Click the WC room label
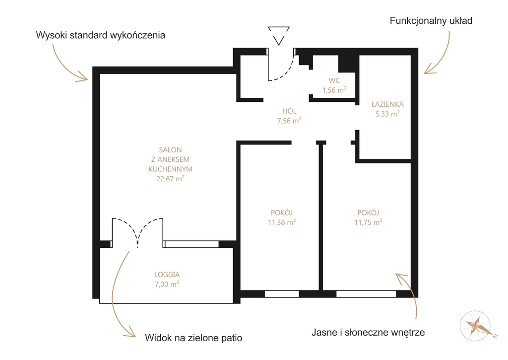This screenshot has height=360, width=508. coord(334,80)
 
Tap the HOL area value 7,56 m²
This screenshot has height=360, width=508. coord(289,121)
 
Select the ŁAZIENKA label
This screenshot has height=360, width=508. coord(387,104)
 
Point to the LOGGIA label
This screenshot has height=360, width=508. coord(167,275)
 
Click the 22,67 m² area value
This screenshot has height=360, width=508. coord(171,178)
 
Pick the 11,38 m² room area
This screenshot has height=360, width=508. coord(282,222)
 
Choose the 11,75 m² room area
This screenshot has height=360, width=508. coord(368,222)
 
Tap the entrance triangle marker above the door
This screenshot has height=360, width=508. coord(279,36)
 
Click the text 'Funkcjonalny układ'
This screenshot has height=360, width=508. coord(431,21)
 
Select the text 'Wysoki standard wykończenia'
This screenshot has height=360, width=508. coord(100,35)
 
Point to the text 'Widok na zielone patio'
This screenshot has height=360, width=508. coord(193,338)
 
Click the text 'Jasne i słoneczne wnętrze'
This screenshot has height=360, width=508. coord(368,332)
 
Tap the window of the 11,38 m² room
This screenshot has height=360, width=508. coord(282,294)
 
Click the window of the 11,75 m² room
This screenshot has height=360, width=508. coord(366,294)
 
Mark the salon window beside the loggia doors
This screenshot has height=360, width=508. coord(191,244)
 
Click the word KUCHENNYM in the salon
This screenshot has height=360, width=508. coord(171,169)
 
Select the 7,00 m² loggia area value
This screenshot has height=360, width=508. coord(167,284)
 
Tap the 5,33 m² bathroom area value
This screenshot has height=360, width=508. coord(387,114)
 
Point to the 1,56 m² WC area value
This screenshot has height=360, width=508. coord(334,90)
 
